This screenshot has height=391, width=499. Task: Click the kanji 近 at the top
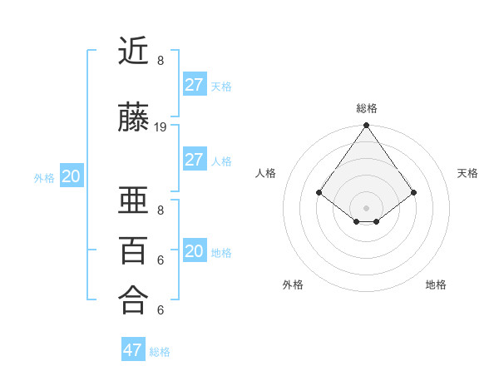click(133, 52)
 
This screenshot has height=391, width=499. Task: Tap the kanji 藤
click(133, 119)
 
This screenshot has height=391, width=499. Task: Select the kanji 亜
click(133, 201)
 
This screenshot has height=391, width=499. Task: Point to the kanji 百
click(133, 250)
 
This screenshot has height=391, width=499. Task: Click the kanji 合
click(133, 299)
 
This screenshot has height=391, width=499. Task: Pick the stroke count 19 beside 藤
click(161, 127)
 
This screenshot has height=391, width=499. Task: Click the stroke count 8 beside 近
click(161, 61)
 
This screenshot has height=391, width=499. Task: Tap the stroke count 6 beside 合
click(161, 310)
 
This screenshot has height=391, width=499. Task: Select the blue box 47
click(133, 350)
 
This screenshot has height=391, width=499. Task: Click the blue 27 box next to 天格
click(194, 85)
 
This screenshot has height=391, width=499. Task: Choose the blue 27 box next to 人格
click(194, 160)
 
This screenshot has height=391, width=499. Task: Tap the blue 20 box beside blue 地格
click(194, 251)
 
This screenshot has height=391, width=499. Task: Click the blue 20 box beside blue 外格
click(72, 176)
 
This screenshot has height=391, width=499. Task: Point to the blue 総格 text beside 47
click(160, 352)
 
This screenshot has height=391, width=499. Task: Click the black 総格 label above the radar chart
click(367, 108)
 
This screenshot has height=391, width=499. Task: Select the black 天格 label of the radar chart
click(467, 173)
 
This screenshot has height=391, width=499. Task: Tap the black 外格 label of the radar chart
click(293, 285)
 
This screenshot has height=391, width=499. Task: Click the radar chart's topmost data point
click(367, 126)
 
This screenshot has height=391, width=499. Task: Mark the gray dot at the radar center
click(367, 207)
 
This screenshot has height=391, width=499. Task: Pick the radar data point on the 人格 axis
click(319, 192)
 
